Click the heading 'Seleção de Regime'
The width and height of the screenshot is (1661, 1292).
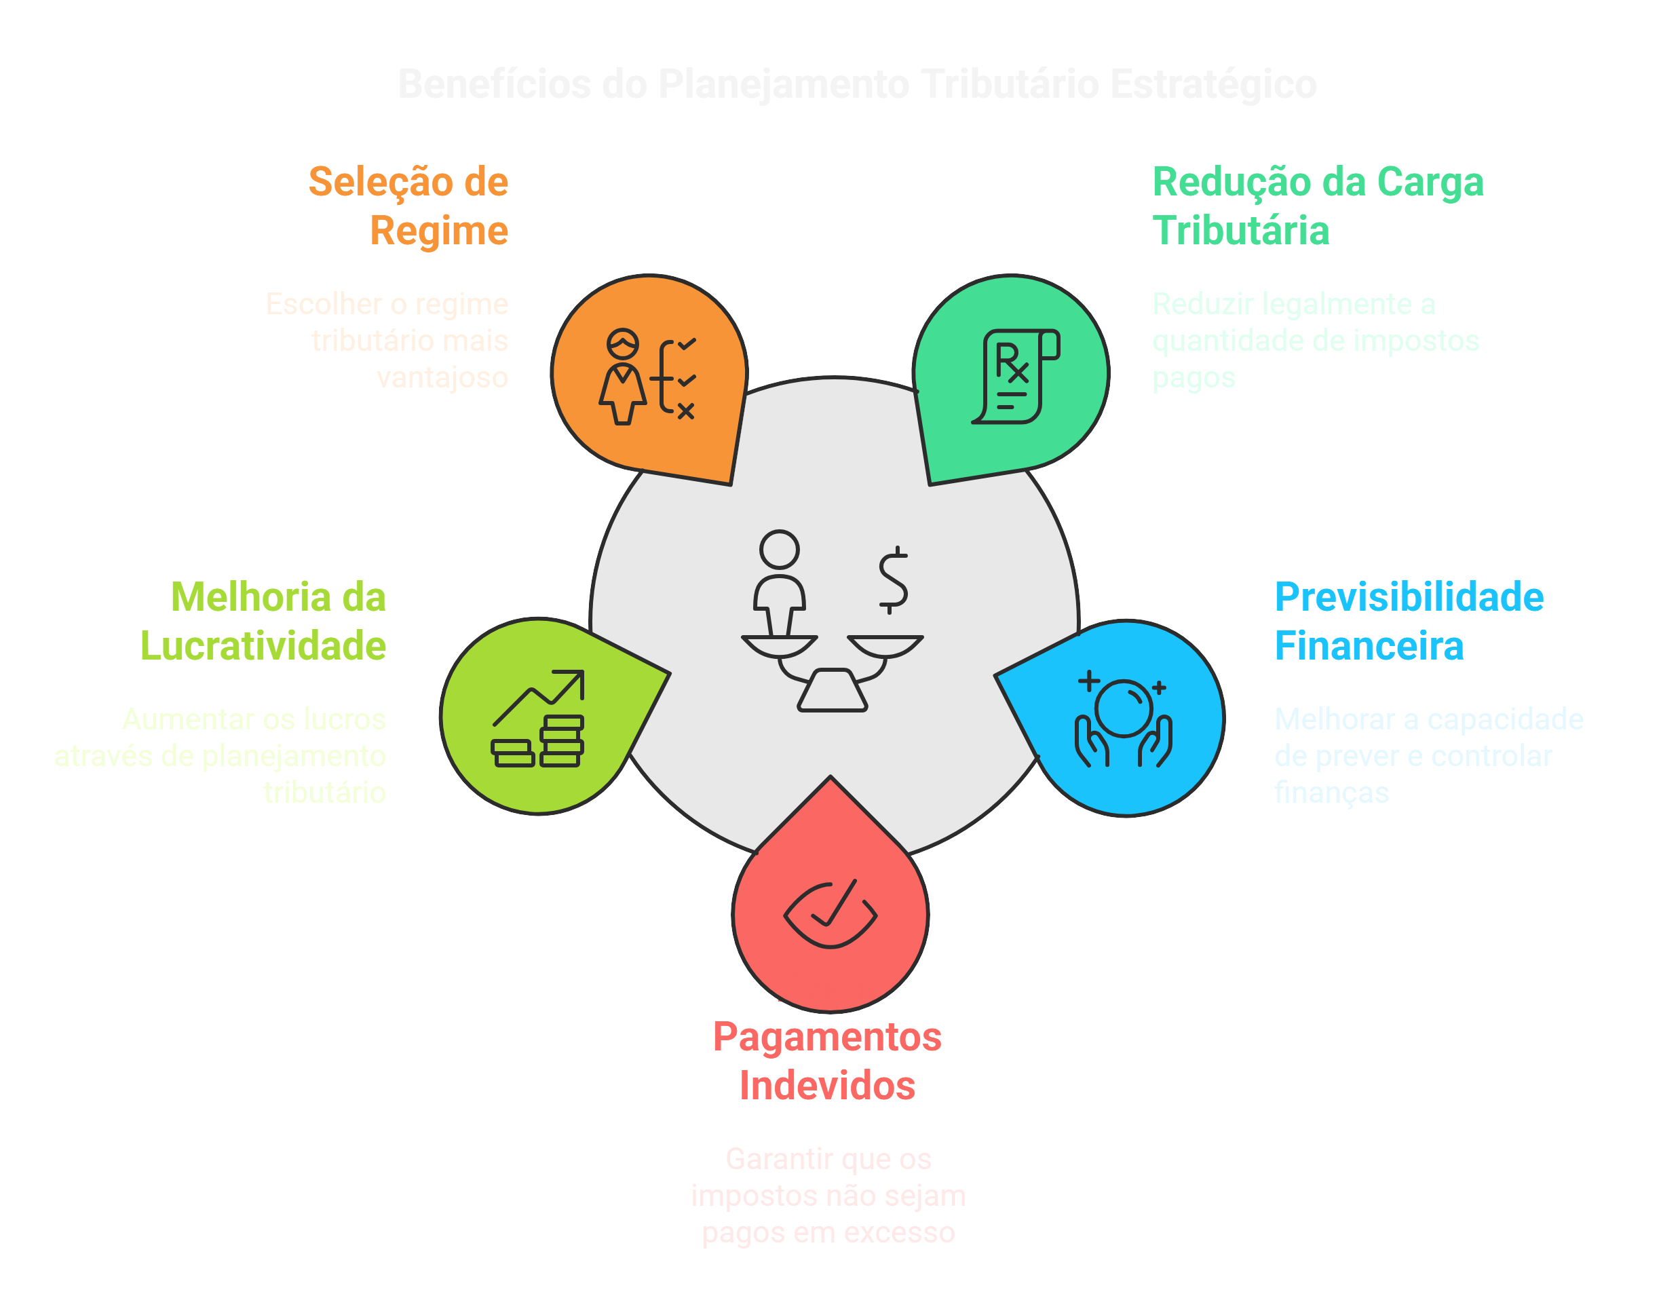(408, 206)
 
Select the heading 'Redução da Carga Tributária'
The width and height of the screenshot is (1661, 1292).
(1317, 206)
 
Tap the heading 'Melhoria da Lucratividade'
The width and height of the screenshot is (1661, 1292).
(264, 622)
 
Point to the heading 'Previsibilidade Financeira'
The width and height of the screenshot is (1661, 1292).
(1409, 622)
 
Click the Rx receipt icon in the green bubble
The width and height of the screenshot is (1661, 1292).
(1015, 377)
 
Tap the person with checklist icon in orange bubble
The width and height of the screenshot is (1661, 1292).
(648, 377)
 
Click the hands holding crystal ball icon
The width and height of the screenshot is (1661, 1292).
(1124, 721)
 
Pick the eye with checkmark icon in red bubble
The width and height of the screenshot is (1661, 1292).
(830, 914)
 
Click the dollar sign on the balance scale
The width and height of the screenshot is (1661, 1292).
(893, 580)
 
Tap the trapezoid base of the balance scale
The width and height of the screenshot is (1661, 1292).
(832, 691)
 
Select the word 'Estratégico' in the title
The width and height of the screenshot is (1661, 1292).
(1213, 84)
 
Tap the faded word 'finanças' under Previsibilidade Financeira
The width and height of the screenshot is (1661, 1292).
(1332, 793)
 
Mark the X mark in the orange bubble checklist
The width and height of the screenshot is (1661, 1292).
(686, 411)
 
